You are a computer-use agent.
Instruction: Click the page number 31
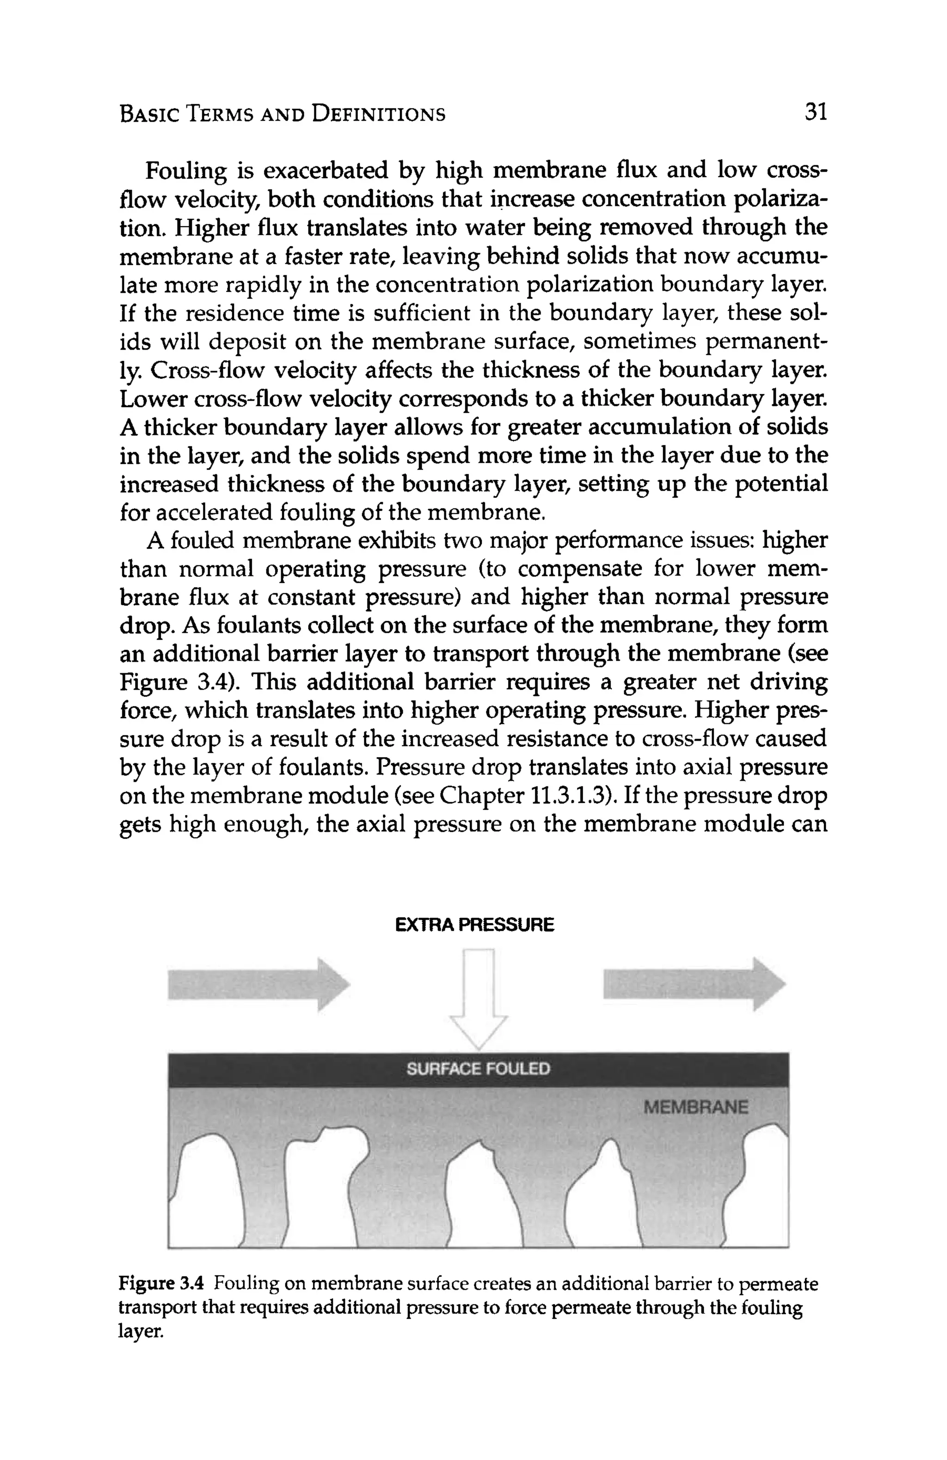816,112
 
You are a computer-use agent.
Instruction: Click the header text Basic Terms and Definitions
283,114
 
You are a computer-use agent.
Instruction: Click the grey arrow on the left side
258,984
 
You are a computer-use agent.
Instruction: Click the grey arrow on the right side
694,984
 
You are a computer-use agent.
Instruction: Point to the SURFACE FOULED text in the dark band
479,1069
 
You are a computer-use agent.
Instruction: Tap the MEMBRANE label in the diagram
696,1107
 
